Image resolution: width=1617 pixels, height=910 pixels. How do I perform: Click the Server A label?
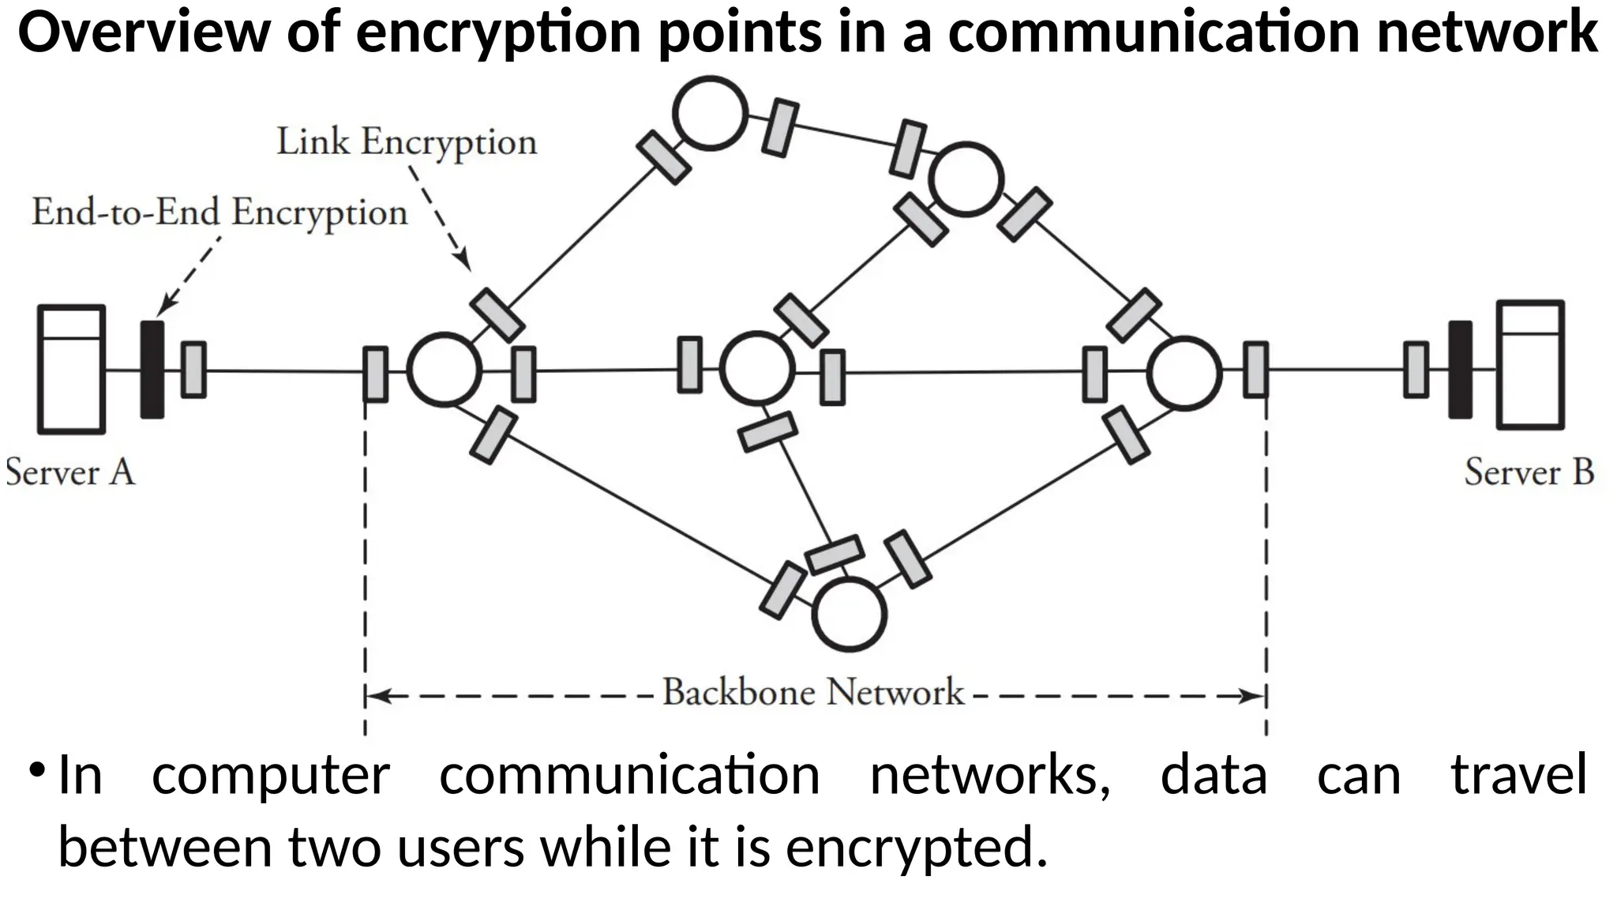tap(70, 473)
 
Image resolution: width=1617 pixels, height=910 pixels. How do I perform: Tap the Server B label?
tap(1529, 472)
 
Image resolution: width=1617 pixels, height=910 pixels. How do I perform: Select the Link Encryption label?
tap(407, 143)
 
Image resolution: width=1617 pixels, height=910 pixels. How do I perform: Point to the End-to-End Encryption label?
tap(219, 212)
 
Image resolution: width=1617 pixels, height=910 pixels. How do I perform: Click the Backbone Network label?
tap(813, 693)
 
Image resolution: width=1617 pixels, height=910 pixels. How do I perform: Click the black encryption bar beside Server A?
tap(152, 369)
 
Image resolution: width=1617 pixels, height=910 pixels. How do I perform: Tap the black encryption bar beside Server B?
tap(1460, 369)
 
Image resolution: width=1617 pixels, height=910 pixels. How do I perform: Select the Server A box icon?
tap(72, 369)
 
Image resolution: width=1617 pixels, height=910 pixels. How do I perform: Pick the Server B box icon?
tap(1530, 365)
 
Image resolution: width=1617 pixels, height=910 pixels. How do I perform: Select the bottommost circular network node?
tap(850, 615)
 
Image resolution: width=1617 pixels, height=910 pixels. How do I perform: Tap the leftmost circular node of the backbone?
tap(445, 369)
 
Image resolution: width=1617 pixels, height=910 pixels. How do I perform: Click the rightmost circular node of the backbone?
tap(1184, 373)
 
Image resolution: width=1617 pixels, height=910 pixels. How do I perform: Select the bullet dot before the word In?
tap(36, 769)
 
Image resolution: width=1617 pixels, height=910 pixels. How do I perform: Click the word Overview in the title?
tap(144, 33)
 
